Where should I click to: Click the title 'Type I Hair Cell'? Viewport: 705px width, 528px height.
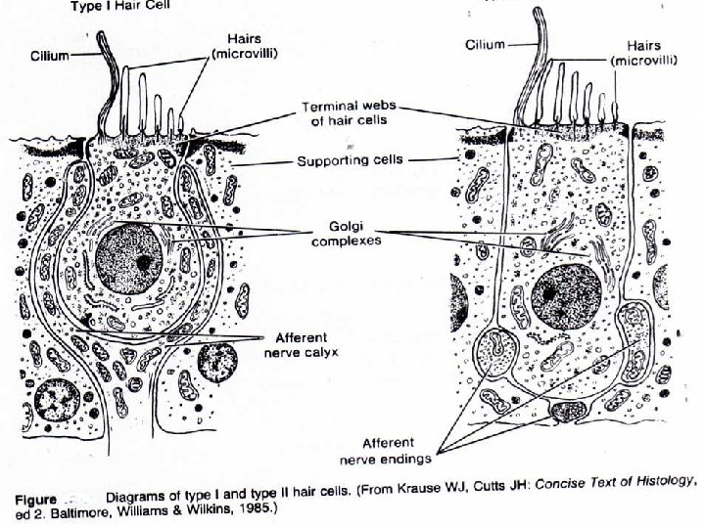point(117,5)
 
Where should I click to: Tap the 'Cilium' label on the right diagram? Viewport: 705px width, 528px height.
point(485,44)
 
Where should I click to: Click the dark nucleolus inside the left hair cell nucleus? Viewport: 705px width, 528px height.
point(144,262)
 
